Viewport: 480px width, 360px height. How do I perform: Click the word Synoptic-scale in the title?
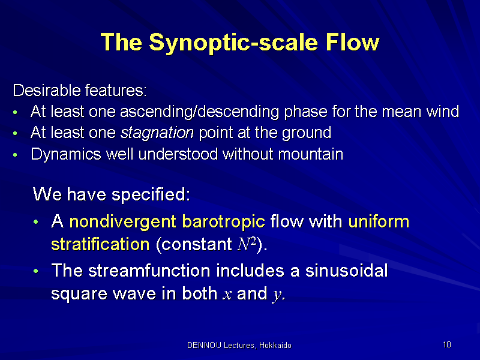coord(234,42)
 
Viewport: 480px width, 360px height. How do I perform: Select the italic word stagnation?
coord(157,133)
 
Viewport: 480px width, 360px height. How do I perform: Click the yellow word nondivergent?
coord(123,221)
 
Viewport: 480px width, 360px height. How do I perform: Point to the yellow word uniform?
coord(379,221)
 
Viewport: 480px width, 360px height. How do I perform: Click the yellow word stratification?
coord(100,244)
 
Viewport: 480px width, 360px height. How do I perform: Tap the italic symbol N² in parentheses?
coord(247,244)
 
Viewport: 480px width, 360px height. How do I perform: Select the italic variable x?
coord(227,295)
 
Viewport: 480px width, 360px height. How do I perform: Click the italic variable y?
coord(277,295)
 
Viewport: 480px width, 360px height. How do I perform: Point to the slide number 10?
coord(447,344)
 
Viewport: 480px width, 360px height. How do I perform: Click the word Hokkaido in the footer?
coord(275,346)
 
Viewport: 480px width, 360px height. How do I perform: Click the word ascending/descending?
coord(200,112)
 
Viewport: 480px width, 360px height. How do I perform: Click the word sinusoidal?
coord(347,271)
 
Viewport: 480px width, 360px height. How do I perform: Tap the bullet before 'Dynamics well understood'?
coord(15,155)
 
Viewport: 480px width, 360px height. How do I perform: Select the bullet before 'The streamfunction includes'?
coord(36,271)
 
